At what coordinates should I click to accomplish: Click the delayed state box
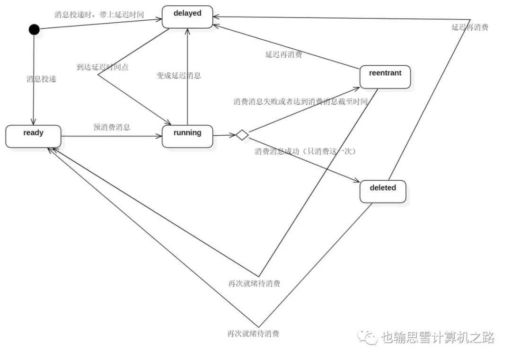[187, 17]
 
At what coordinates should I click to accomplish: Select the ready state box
[33, 136]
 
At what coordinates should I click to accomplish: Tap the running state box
[187, 136]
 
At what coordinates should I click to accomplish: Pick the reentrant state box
[385, 77]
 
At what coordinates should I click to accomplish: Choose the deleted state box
[383, 192]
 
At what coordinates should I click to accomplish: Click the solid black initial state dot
[34, 29]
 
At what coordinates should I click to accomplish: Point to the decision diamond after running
[242, 134]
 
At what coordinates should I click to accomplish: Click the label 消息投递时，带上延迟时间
[99, 14]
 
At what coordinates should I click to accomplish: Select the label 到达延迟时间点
[103, 67]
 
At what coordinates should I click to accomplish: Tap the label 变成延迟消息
[178, 76]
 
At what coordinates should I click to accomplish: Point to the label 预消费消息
[112, 127]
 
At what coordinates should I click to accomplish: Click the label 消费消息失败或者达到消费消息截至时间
[300, 102]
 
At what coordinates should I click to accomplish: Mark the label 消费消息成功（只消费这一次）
[305, 151]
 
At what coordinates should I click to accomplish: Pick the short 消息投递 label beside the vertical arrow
[41, 79]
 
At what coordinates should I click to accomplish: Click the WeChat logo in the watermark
[367, 337]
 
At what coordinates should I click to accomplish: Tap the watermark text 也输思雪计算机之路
[438, 337]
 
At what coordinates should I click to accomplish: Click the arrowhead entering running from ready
[159, 136]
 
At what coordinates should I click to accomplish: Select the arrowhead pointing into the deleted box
[357, 180]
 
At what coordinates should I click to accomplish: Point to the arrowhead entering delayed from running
[187, 32]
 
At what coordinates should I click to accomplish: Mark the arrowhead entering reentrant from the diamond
[356, 88]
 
